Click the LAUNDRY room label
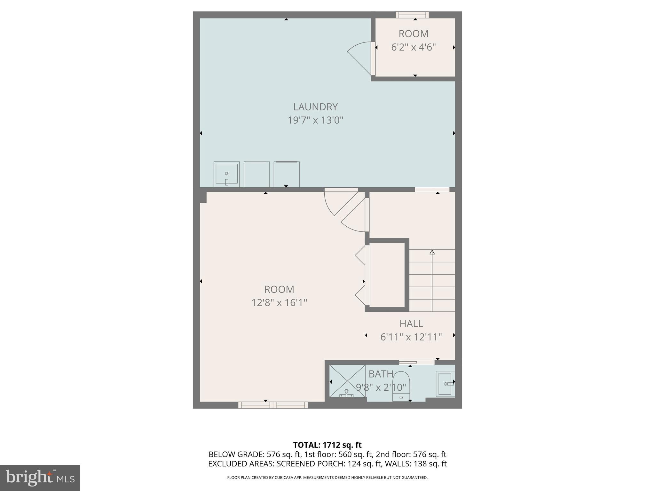[315, 107]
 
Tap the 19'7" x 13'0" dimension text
[315, 121]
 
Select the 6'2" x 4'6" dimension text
[414, 47]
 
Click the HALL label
[411, 323]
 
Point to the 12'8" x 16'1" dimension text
[279, 303]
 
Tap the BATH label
[381, 374]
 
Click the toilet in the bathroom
[401, 386]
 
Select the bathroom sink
[445, 384]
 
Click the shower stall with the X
[347, 381]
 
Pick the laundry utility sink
[226, 174]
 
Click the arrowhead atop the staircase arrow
[432, 252]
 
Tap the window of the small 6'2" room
[412, 15]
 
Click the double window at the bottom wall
[273, 405]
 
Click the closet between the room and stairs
[387, 275]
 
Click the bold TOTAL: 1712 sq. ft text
[327, 445]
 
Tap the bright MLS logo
[40, 478]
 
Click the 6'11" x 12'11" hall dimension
[411, 337]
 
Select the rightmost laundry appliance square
[287, 175]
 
